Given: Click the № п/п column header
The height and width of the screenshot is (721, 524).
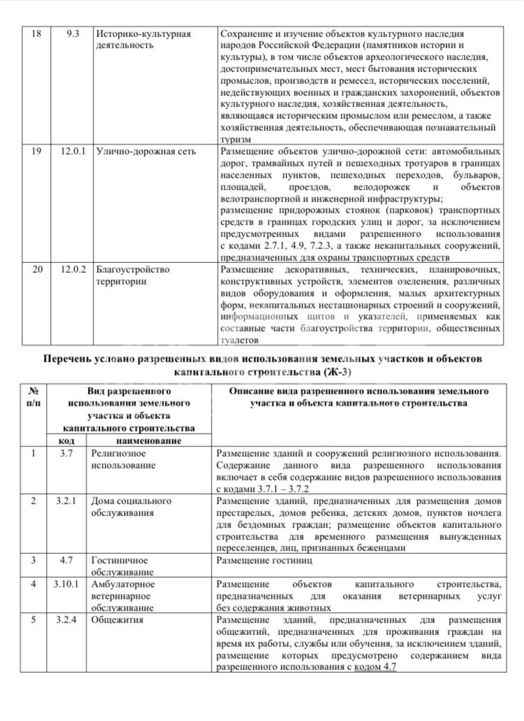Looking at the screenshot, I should [x=33, y=397].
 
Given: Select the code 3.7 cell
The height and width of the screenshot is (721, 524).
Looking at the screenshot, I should [x=67, y=454].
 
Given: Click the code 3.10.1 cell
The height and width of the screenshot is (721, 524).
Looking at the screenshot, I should [x=68, y=584].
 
